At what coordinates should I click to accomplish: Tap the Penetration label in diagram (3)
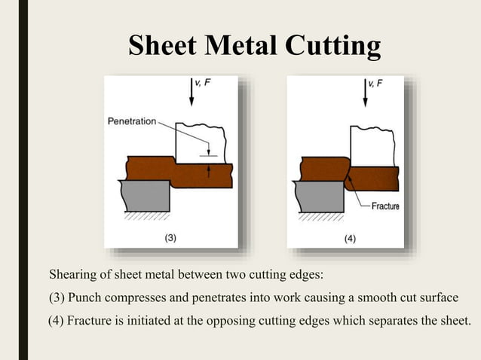point(132,121)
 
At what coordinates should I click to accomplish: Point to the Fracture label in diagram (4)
point(382,206)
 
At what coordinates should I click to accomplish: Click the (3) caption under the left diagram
point(170,238)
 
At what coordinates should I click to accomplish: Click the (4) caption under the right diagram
point(351,238)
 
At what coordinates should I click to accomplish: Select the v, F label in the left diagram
point(203,83)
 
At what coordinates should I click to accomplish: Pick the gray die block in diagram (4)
point(320,197)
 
